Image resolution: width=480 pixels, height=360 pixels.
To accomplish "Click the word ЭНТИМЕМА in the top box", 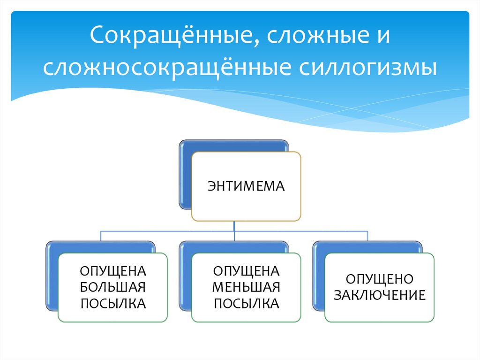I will pos(246,187).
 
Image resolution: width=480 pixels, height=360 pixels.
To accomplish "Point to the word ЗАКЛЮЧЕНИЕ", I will pos(379,295).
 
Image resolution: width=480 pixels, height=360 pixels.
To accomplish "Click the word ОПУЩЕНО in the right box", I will pos(379,279).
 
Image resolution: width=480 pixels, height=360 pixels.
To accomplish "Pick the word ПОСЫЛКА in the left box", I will pos(112,303).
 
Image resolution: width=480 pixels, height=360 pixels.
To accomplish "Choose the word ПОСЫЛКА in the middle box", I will pos(246,303).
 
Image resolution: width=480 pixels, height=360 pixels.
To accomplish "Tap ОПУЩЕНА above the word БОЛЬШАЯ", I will pos(112,271).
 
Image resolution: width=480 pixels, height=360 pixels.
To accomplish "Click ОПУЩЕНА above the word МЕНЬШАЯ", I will pos(246,271).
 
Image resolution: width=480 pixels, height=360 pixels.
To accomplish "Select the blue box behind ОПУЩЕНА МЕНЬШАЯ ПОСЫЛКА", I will pos(186,277).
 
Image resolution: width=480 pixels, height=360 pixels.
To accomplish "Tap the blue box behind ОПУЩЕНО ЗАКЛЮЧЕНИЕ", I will pos(319,277).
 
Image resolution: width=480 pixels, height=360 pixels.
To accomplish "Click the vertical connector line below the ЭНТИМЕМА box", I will pos(233,226).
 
